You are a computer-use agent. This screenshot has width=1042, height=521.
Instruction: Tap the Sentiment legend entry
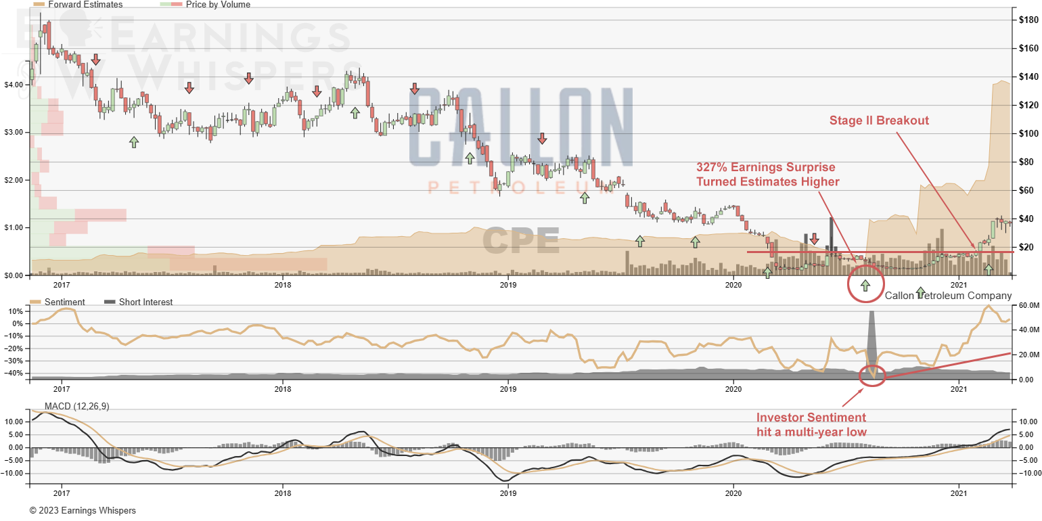(x=66, y=302)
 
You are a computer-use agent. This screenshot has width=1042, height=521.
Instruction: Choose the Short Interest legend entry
(x=145, y=302)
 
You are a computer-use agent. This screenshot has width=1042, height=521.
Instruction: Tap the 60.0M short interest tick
(x=1027, y=305)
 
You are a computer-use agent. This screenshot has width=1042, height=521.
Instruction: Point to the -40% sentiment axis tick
(x=14, y=373)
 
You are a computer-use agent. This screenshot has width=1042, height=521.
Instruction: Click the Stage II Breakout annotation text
(x=879, y=120)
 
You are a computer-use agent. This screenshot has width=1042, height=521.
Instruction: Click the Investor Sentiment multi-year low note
(x=811, y=424)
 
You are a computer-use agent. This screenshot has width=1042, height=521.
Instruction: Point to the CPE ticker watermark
(x=520, y=241)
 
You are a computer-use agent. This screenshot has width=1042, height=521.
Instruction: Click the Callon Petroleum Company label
(x=948, y=296)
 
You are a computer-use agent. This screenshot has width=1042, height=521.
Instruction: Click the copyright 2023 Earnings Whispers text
(x=83, y=510)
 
